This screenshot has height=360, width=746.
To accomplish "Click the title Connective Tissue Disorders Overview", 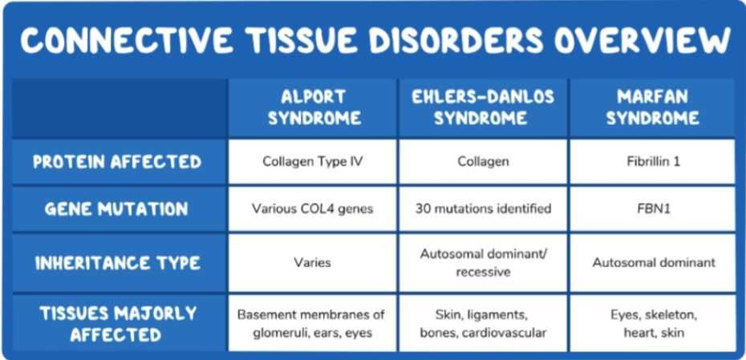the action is [x=375, y=39].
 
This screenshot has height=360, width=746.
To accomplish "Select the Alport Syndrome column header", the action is [x=313, y=107].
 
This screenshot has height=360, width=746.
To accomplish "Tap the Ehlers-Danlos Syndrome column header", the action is [x=483, y=107].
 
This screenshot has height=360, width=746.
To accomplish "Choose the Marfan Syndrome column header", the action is [x=652, y=107].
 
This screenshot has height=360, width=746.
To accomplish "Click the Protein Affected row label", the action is [x=117, y=162].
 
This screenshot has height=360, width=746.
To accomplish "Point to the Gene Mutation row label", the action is [x=117, y=209].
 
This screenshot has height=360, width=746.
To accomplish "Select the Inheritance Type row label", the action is [x=117, y=263].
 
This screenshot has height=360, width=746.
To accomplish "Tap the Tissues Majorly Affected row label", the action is [x=117, y=324].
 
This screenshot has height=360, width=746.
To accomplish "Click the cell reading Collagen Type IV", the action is [x=313, y=162].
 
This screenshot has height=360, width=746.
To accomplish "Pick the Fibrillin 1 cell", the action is [x=653, y=162].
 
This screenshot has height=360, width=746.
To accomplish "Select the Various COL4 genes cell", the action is [x=313, y=208].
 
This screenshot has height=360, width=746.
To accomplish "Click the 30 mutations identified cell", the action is [x=483, y=208].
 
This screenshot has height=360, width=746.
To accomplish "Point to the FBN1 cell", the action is [x=653, y=208].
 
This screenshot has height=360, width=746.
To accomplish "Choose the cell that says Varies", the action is [x=313, y=262].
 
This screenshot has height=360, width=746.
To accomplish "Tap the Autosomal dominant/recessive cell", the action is [x=483, y=262].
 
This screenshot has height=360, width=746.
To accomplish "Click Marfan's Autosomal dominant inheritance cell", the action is [x=653, y=262].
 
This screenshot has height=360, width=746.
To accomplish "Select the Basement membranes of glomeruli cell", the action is [x=313, y=324].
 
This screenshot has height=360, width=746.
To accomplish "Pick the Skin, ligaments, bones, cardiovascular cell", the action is [x=483, y=324].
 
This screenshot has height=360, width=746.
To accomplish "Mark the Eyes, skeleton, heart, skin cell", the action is [x=653, y=324].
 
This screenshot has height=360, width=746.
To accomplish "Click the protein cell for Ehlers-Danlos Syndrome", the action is [x=483, y=162].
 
